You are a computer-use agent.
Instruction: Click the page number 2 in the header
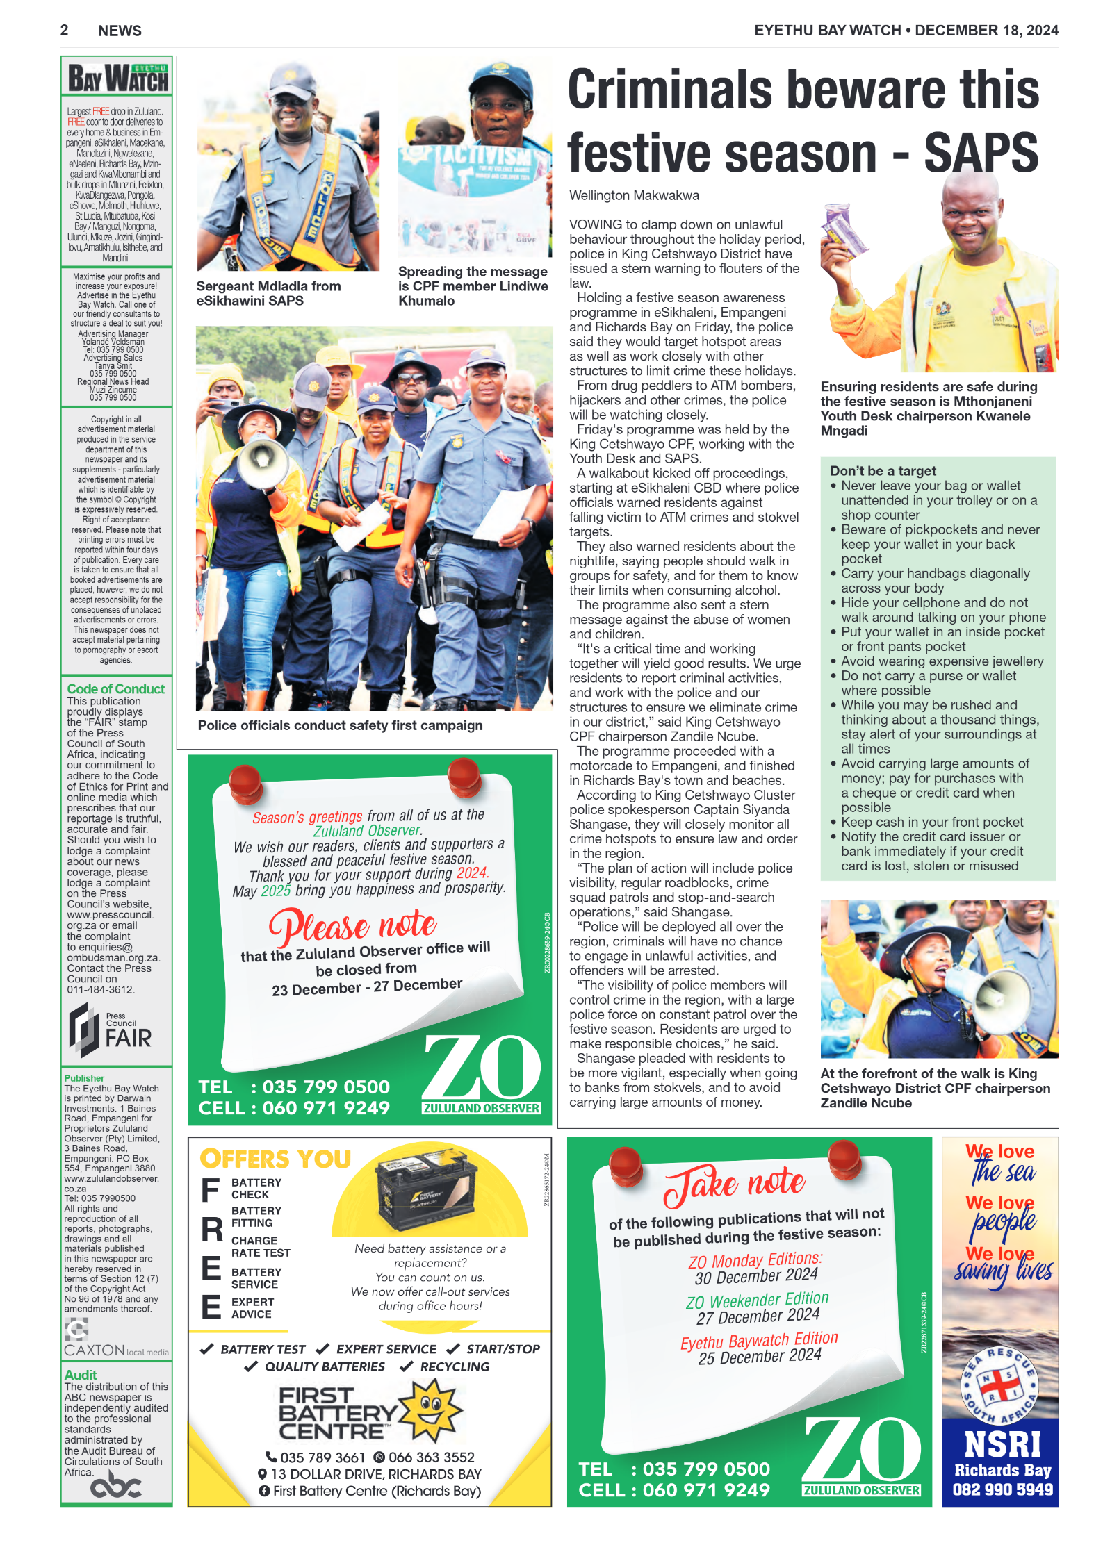pyautogui.click(x=65, y=30)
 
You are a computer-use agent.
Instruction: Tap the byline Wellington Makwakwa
pyautogui.click(x=634, y=196)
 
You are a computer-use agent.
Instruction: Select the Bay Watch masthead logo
pyautogui.click(x=117, y=78)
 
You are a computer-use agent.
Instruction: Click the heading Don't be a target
pyautogui.click(x=883, y=471)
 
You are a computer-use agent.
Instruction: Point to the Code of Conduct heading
pyautogui.click(x=115, y=688)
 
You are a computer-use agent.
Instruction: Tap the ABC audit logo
pyautogui.click(x=115, y=1487)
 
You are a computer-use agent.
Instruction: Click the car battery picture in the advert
pyautogui.click(x=426, y=1189)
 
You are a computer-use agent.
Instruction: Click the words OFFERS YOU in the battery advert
pyautogui.click(x=275, y=1159)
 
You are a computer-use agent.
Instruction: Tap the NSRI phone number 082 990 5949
pyautogui.click(x=1002, y=1489)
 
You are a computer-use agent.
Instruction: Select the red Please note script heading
pyautogui.click(x=353, y=925)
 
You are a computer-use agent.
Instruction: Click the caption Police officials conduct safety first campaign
pyautogui.click(x=340, y=725)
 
